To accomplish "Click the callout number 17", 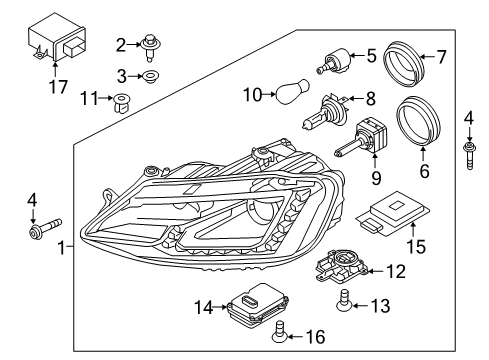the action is [x=59, y=87].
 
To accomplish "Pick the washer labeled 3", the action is [x=150, y=76].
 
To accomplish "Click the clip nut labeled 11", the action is [x=122, y=103].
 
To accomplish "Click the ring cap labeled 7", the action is [x=404, y=63].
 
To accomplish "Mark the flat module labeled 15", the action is [x=392, y=213].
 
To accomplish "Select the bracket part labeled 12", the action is [x=341, y=265].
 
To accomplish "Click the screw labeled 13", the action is [x=343, y=300].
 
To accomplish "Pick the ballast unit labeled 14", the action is [x=258, y=304].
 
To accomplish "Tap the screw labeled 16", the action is [x=279, y=331].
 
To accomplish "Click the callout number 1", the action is [x=62, y=248].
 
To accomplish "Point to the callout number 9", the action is [x=376, y=178].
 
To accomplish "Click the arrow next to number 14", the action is [x=221, y=307].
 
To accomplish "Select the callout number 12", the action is [x=396, y=271].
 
